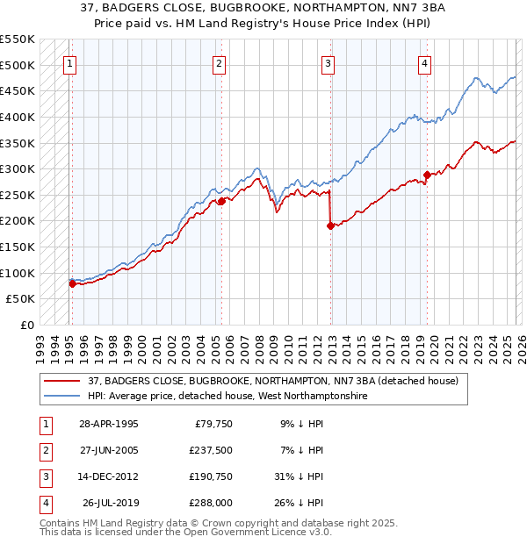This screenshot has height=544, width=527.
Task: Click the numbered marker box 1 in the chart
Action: (x=69, y=63)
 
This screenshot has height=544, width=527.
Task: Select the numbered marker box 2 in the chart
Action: (x=219, y=63)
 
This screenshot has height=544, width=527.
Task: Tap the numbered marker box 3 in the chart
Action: (x=328, y=63)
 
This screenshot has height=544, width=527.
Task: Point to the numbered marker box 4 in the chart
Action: (x=424, y=63)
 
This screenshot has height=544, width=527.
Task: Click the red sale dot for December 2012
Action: (x=330, y=225)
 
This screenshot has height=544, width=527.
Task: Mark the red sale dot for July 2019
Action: (x=427, y=175)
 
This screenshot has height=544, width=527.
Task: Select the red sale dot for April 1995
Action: (x=72, y=283)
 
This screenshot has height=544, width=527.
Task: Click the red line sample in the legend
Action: (x=62, y=380)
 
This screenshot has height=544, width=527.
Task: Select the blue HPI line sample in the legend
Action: (x=62, y=397)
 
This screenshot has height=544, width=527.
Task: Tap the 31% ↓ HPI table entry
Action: (x=300, y=476)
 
